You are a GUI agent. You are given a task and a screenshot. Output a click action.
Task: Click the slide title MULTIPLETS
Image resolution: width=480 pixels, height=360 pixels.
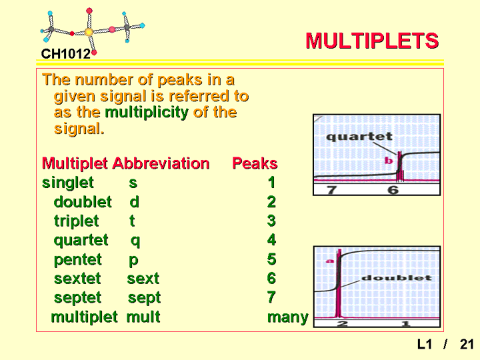pos(372,41)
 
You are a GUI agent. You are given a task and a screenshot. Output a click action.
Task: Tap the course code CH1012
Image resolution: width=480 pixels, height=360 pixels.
pos(66,54)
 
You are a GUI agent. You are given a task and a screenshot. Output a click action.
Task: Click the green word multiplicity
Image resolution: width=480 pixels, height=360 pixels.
pos(147,113)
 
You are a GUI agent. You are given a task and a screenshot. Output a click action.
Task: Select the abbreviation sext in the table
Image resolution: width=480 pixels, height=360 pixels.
pos(143,279)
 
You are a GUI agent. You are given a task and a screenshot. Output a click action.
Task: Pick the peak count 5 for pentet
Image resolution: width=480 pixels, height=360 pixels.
pos(271,259)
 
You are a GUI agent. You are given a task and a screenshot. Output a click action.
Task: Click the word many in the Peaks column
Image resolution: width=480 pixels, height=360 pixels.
pos(288,317)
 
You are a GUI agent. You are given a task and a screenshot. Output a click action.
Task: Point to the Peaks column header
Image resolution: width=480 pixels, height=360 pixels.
pos(255,163)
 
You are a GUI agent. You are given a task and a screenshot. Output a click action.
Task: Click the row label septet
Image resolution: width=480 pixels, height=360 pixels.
pos(77,298)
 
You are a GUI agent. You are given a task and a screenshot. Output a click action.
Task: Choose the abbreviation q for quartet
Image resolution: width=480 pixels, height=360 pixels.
pos(135,241)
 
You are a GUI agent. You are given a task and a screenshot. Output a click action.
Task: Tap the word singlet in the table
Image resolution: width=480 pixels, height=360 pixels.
pos(67,183)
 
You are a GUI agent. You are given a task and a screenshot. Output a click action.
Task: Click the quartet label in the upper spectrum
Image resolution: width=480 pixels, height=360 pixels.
pos(359,137)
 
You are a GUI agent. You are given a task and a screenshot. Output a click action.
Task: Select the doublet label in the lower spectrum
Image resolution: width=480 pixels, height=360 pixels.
pos(397,278)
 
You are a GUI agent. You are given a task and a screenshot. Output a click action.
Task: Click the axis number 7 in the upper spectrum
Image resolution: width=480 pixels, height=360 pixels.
pos(331,190)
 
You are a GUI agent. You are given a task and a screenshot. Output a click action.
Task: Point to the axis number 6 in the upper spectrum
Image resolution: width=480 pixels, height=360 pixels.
pos(393,190)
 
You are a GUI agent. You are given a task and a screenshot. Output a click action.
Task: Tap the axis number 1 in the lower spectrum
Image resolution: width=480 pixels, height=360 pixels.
pos(405,323)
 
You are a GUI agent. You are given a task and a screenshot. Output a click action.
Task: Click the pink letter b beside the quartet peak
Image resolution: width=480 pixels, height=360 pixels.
pos(389,161)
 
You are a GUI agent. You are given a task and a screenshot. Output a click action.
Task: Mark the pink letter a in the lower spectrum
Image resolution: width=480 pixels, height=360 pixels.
pos(330,261)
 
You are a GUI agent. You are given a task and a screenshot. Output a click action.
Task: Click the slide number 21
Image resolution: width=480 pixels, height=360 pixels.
pos(467,345)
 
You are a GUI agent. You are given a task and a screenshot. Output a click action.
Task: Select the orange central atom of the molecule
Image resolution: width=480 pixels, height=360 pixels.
pos(89,32)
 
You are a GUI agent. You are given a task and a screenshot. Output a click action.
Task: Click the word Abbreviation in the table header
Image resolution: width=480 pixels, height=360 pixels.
pos(161,163)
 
